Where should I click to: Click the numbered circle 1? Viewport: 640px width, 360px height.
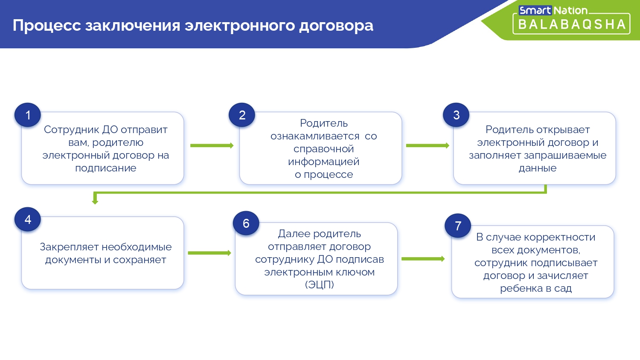28,115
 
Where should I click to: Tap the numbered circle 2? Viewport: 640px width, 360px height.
242,115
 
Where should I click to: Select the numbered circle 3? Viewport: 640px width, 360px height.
456,115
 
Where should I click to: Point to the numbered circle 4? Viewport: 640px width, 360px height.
28,220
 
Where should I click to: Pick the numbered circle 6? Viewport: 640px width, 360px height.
246,224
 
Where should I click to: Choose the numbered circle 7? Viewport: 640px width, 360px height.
458,226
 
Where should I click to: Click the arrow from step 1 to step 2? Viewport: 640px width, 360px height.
212,145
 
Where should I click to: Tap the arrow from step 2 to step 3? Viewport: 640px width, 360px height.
428,145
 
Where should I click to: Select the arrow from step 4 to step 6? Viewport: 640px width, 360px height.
209,253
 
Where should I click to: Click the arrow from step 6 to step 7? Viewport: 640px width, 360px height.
423,259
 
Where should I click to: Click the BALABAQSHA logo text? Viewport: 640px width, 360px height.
571,25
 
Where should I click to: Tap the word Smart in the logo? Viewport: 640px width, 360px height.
535,10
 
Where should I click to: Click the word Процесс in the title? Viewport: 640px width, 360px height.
47,26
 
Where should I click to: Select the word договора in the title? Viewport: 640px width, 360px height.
336,26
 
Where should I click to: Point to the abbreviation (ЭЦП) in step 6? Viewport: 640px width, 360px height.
319,285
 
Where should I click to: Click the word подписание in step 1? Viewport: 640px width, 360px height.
105,168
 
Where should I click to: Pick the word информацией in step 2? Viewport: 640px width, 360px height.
323,162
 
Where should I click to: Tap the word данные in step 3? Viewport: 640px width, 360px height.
537,168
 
